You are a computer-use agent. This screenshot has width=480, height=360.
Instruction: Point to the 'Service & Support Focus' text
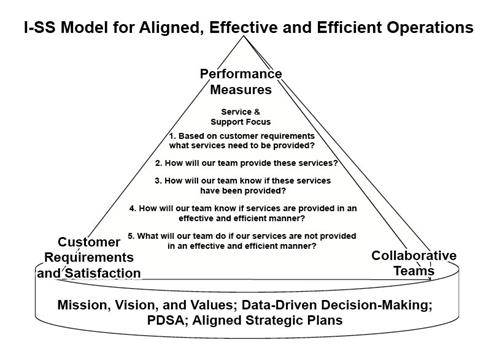click(241, 117)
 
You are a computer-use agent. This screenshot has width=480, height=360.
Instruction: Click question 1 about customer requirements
click(240, 139)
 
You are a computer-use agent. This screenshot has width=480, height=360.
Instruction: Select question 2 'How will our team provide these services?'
click(241, 162)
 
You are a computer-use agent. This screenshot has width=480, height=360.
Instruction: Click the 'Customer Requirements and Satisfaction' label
click(89, 258)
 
